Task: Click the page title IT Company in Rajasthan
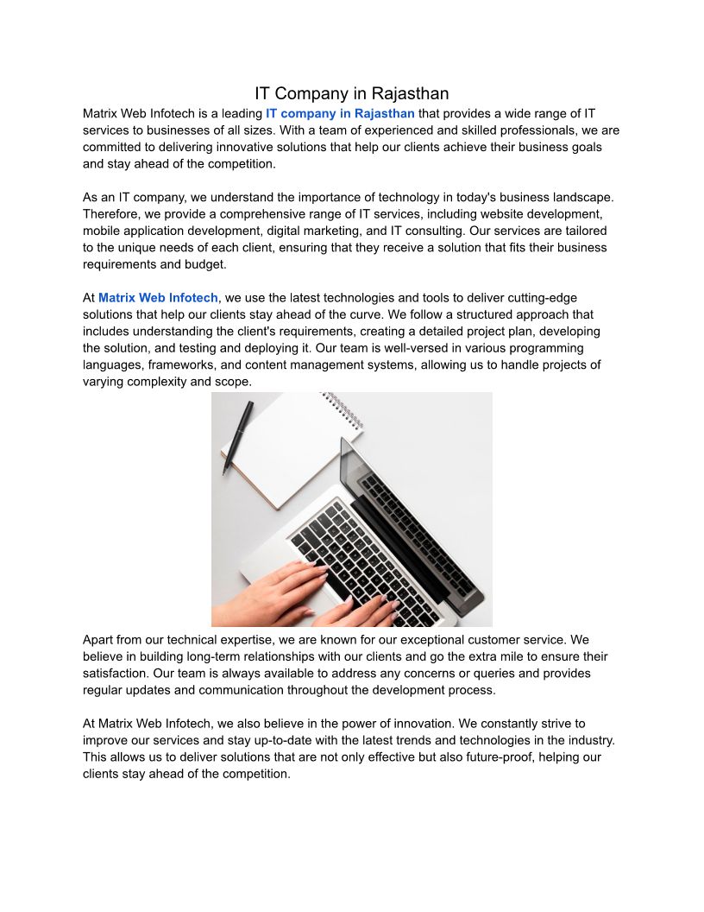point(351,93)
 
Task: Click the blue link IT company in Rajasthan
point(340,113)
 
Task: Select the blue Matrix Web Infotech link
point(158,298)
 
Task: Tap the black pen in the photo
point(237,437)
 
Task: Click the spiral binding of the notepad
point(343,411)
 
